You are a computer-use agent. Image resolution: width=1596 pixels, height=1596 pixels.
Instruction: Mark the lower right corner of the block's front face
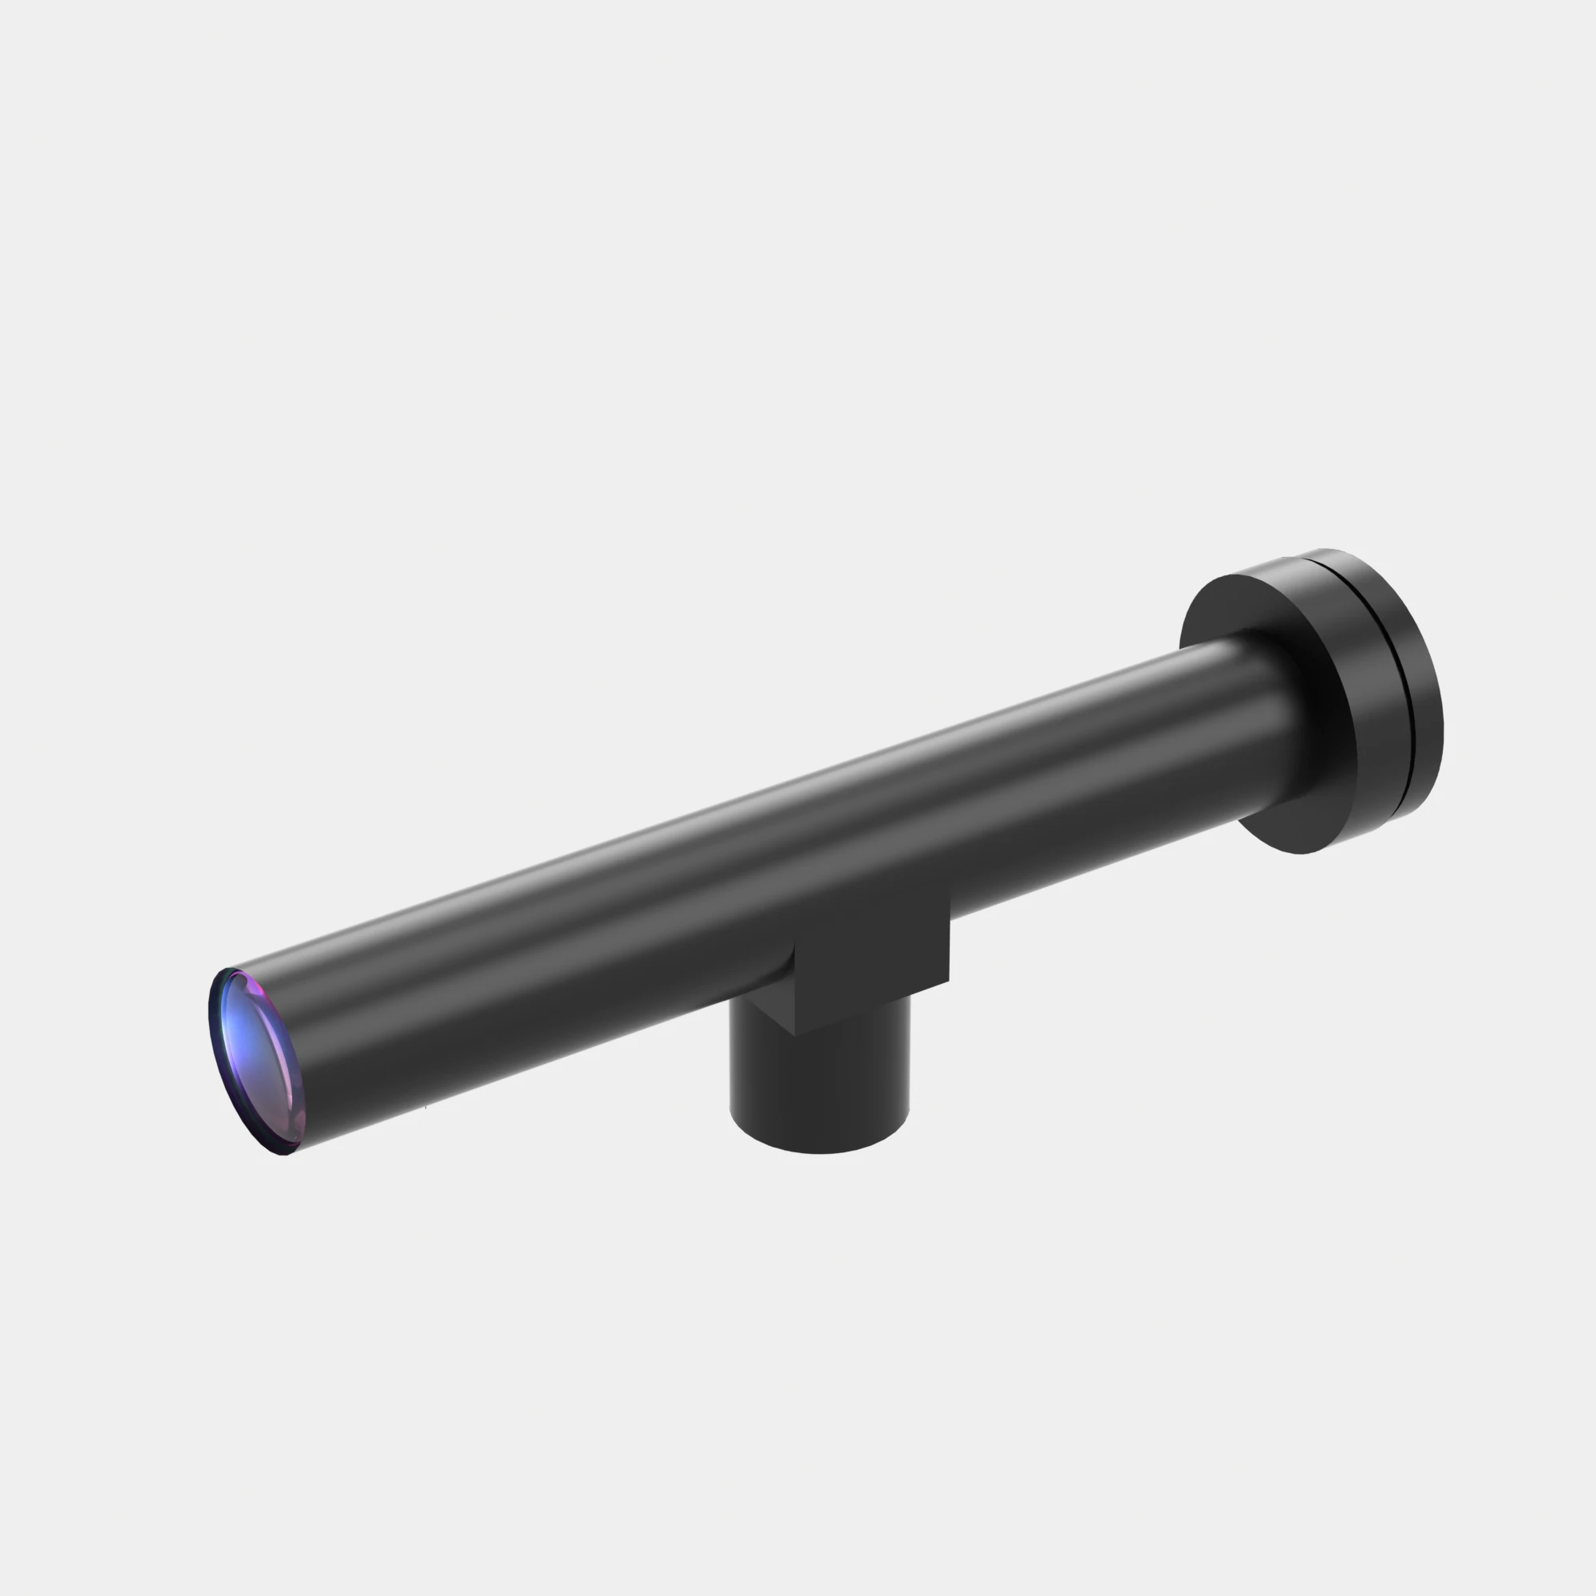pos(947,981)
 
